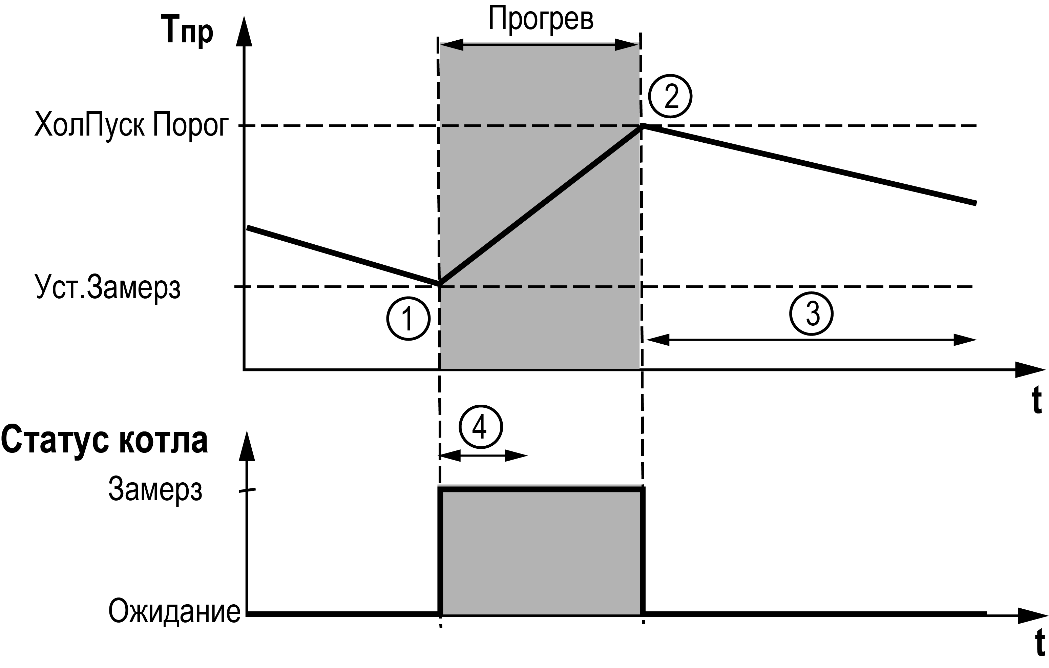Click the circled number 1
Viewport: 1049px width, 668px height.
pyautogui.click(x=408, y=319)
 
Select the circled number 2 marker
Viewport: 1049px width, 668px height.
pyautogui.click(x=670, y=96)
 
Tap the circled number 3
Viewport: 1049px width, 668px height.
pyautogui.click(x=811, y=314)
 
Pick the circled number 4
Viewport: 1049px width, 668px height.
pyautogui.click(x=481, y=427)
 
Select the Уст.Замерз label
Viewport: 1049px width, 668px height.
pyautogui.click(x=107, y=287)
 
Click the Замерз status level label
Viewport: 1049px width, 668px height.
pyautogui.click(x=155, y=490)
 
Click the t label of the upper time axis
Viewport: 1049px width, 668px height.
pyautogui.click(x=1037, y=400)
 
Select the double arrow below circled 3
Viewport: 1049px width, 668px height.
pyautogui.click(x=811, y=340)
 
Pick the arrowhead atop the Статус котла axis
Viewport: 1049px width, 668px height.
pyautogui.click(x=247, y=446)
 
